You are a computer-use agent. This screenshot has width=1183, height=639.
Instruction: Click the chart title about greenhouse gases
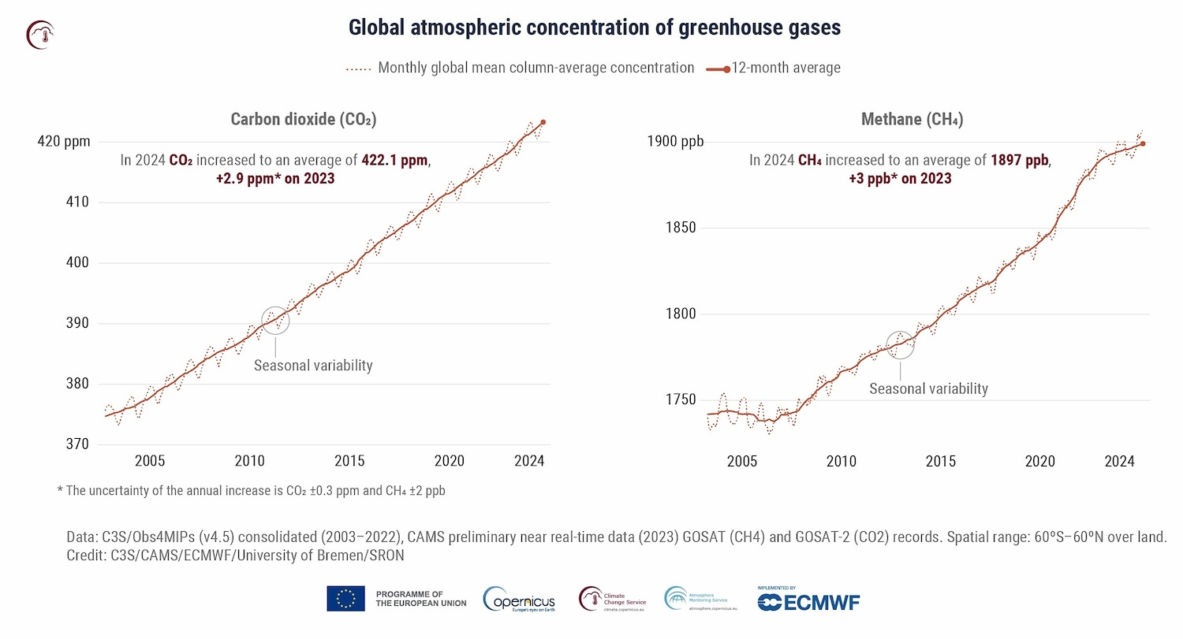pyautogui.click(x=595, y=28)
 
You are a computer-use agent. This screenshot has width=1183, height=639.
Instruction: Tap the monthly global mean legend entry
pyautogui.click(x=521, y=68)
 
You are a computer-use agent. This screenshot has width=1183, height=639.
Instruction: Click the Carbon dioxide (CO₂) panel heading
pyautogui.click(x=303, y=120)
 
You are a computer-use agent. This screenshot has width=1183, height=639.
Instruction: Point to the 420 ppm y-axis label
pyautogui.click(x=64, y=142)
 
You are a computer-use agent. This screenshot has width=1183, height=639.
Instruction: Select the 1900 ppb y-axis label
pyautogui.click(x=674, y=142)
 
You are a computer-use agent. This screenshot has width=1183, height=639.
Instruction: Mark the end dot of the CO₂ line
pyautogui.click(x=543, y=122)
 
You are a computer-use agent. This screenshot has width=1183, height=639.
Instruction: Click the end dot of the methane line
pyautogui.click(x=1143, y=143)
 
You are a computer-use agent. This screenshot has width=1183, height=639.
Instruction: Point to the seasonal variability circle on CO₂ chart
pyautogui.click(x=275, y=321)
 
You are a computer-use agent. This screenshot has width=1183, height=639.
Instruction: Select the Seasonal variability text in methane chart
pyautogui.click(x=928, y=388)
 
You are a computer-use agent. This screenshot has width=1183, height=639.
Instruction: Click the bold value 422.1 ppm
pyautogui.click(x=394, y=161)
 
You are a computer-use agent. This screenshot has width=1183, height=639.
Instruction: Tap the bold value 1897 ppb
pyautogui.click(x=1020, y=161)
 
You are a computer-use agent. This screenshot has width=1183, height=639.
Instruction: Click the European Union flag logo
pyautogui.click(x=345, y=599)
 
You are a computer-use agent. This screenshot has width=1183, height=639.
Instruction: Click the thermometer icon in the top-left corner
pyautogui.click(x=39, y=34)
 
